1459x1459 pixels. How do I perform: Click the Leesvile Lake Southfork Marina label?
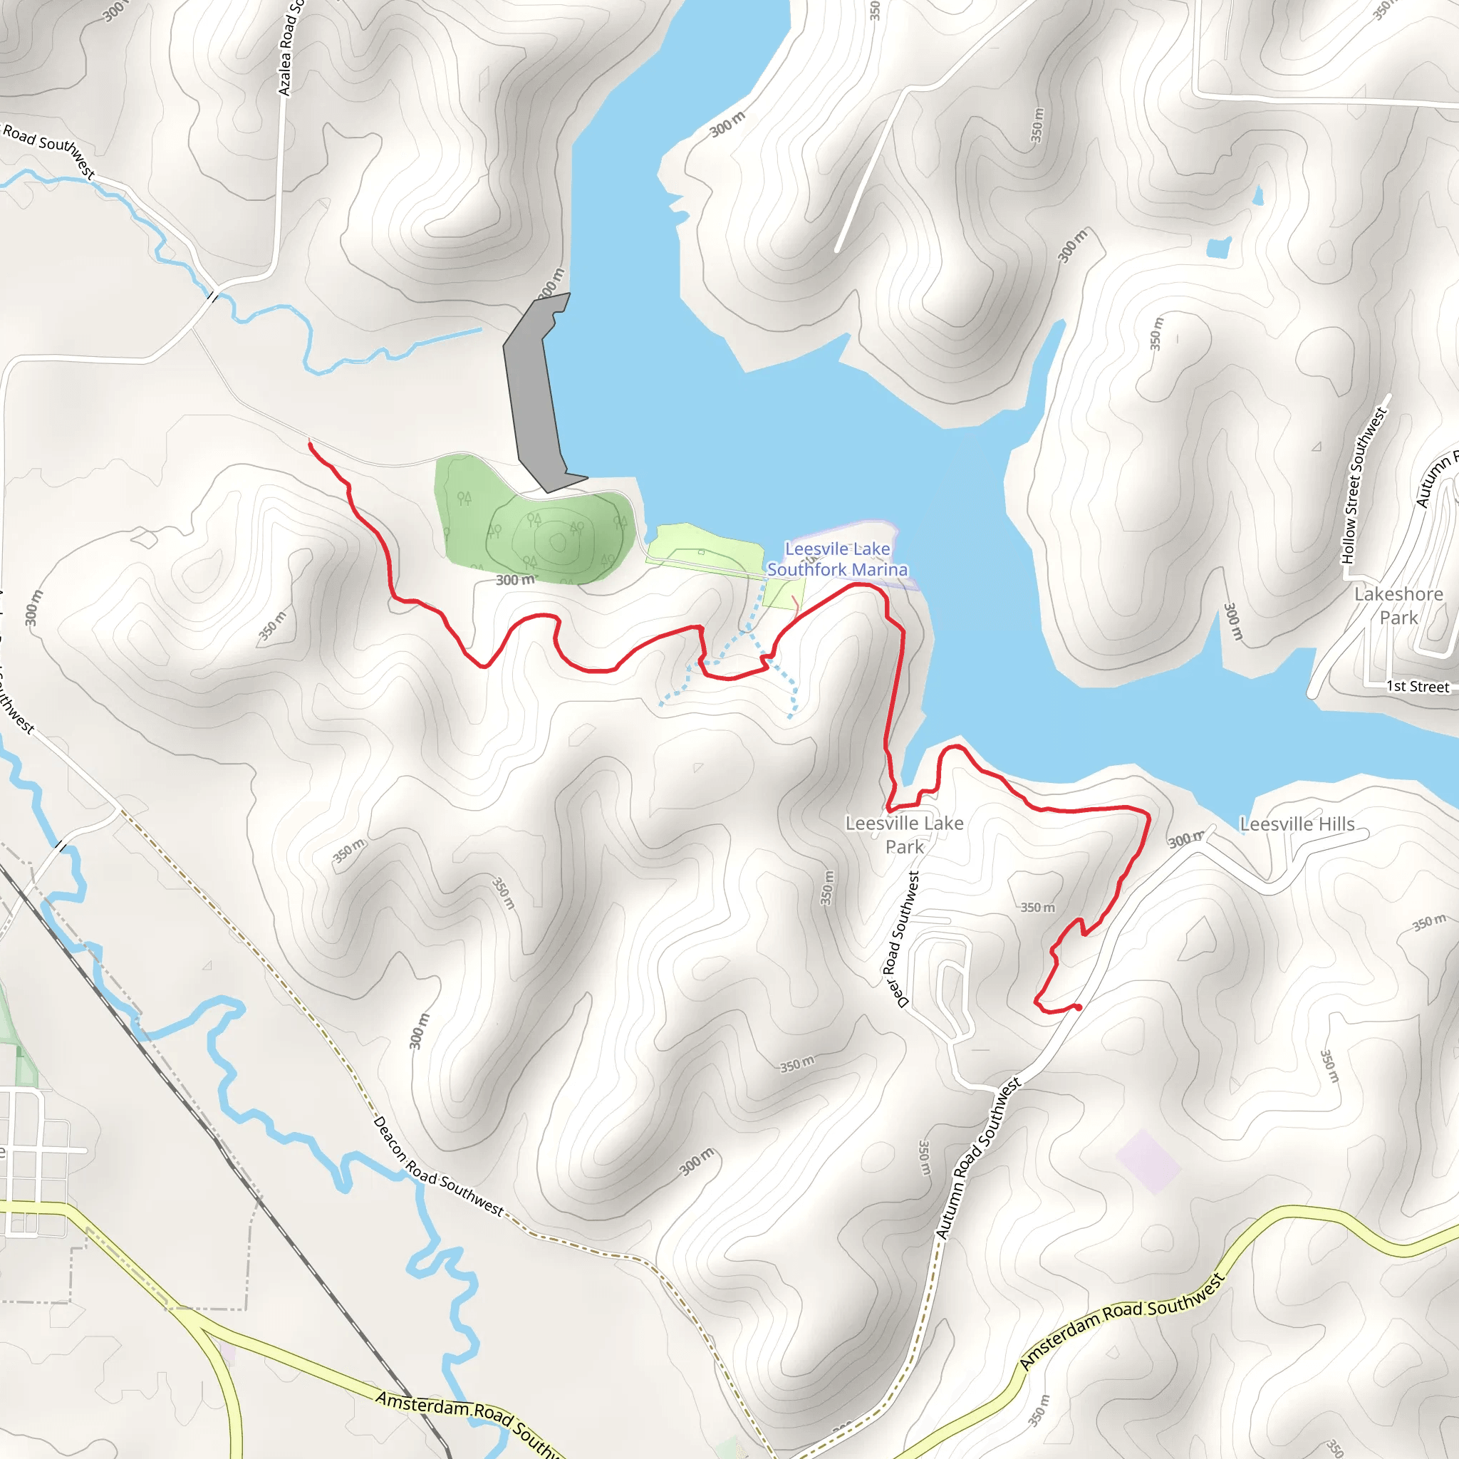click(x=837, y=559)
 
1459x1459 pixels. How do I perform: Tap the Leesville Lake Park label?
click(x=904, y=834)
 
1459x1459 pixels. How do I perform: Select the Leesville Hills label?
click(x=1297, y=824)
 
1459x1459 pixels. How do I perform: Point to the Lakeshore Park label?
click(x=1398, y=606)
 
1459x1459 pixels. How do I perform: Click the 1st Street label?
click(x=1417, y=687)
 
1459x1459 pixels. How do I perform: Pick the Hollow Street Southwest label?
click(x=1363, y=486)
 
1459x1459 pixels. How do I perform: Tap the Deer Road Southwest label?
click(x=903, y=940)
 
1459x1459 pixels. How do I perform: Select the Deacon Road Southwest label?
click(x=438, y=1167)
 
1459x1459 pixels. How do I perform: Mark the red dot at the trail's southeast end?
click(x=1079, y=1007)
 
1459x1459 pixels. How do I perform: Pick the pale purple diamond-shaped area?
click(x=1148, y=1161)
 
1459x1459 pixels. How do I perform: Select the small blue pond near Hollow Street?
click(x=1218, y=247)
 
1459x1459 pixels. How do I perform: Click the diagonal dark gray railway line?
click(x=227, y=1156)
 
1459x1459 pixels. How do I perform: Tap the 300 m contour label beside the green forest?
click(x=515, y=580)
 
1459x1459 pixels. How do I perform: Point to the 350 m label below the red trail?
click(x=1037, y=907)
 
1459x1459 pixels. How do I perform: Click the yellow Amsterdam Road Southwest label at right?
click(x=1121, y=1320)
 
